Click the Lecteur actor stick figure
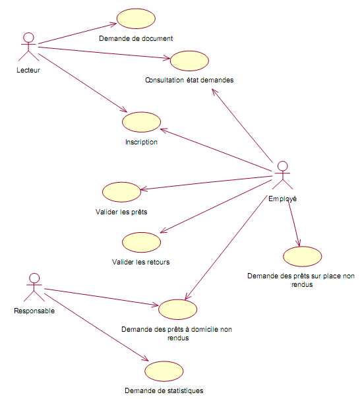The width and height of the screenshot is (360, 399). pos(28,47)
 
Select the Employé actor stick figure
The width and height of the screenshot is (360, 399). pos(282,175)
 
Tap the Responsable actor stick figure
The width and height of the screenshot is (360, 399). pos(34,288)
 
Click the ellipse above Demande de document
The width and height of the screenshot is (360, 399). pos(136,18)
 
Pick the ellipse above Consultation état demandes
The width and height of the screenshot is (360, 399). pos(189,61)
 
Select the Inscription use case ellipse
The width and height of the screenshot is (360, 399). pos(142,122)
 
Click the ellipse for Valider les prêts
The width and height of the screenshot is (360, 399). pos(121,192)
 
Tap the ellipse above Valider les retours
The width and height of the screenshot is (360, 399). pos(142,242)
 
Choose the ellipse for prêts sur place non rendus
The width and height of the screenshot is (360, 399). pos(302,257)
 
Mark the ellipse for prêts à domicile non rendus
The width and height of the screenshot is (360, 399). pos(177,309)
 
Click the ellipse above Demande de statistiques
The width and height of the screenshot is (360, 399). pos(164,371)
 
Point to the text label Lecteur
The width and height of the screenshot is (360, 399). pos(28,70)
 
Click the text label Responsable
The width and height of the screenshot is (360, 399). pos(34,311)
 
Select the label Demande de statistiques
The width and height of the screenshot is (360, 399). pos(164,390)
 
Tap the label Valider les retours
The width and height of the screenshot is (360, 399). pos(140,262)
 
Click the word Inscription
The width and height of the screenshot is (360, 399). pos(142,142)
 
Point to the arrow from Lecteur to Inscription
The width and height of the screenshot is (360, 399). pos(82,82)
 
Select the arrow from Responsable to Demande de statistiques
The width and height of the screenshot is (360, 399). pos(96,327)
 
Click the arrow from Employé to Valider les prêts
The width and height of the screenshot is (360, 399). pos(206,183)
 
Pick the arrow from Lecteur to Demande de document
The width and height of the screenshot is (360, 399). pos(77,34)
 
